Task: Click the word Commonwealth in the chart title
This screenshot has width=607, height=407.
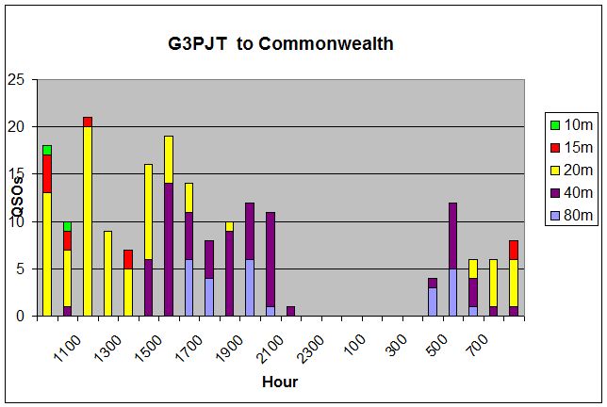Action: [325, 43]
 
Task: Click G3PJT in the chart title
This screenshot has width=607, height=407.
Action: [197, 43]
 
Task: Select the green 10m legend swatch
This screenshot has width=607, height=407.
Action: [555, 125]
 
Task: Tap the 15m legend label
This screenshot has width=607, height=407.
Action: [579, 147]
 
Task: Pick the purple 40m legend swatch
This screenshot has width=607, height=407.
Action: [555, 193]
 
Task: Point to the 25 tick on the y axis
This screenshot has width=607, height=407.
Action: [16, 80]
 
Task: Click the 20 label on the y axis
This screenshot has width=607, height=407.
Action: [16, 127]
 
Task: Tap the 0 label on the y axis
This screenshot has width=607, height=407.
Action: [20, 316]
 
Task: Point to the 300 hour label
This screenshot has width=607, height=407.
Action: [397, 345]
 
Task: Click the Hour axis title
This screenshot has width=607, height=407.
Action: [280, 382]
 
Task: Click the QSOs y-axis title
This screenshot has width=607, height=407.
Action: [18, 196]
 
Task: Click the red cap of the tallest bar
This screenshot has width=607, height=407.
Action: [88, 122]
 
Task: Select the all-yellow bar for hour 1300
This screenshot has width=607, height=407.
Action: [107, 273]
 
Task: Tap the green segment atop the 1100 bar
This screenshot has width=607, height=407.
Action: [67, 226]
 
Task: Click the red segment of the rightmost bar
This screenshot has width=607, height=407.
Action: [514, 250]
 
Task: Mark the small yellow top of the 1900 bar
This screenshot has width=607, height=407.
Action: [230, 226]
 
